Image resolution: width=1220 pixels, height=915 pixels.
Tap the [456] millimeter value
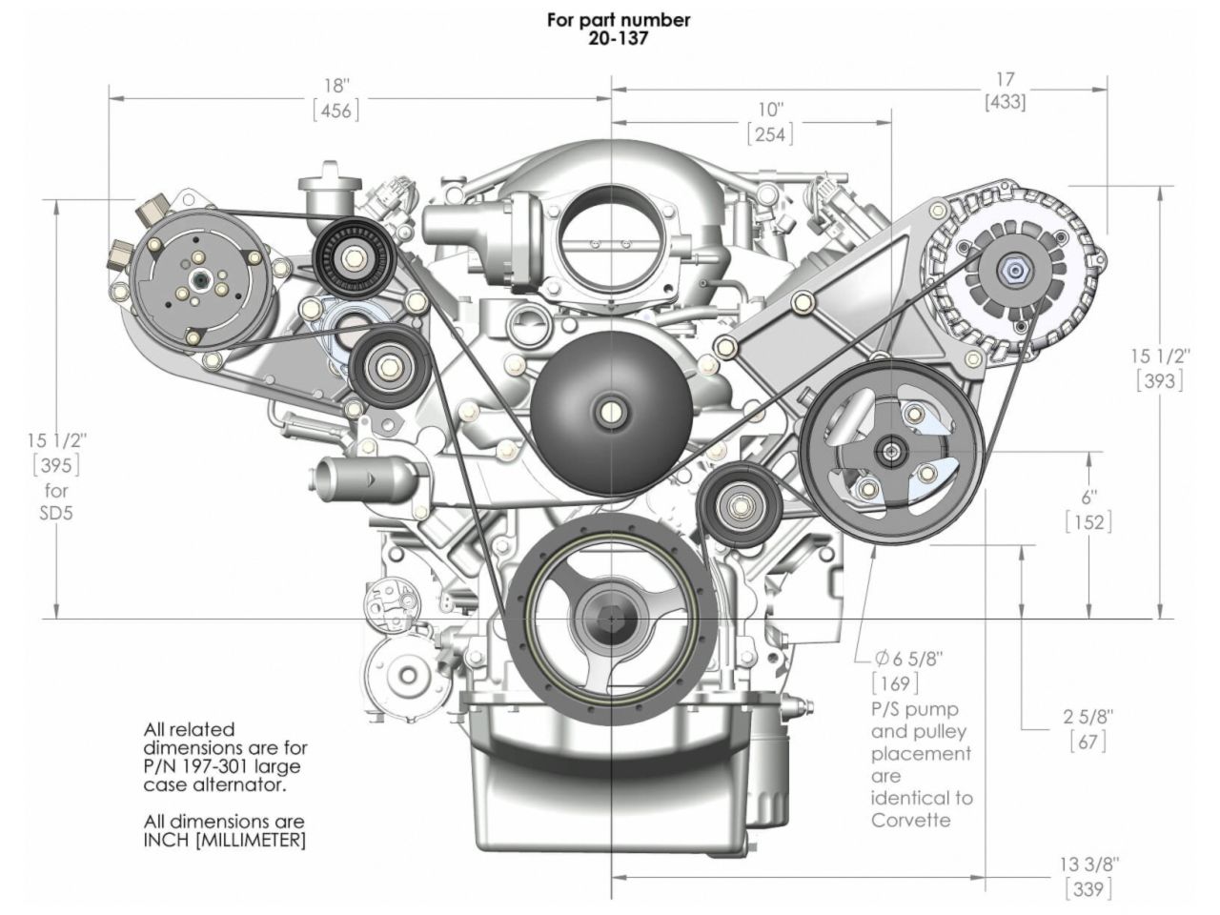[336, 111]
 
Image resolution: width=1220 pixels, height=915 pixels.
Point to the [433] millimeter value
[1005, 102]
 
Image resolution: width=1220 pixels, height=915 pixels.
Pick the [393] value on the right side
[1159, 380]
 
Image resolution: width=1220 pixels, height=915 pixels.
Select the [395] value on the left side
[56, 465]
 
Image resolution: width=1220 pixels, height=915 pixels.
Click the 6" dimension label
[1088, 497]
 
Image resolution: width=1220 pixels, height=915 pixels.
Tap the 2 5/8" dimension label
[1088, 716]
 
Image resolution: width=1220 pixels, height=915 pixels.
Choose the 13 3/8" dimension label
[1088, 864]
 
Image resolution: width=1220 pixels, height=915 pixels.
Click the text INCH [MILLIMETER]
[225, 841]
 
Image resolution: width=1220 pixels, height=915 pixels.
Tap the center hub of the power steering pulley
[888, 452]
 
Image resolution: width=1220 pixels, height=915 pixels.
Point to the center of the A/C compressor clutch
[203, 280]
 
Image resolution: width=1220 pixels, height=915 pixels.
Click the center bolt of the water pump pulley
[609, 412]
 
